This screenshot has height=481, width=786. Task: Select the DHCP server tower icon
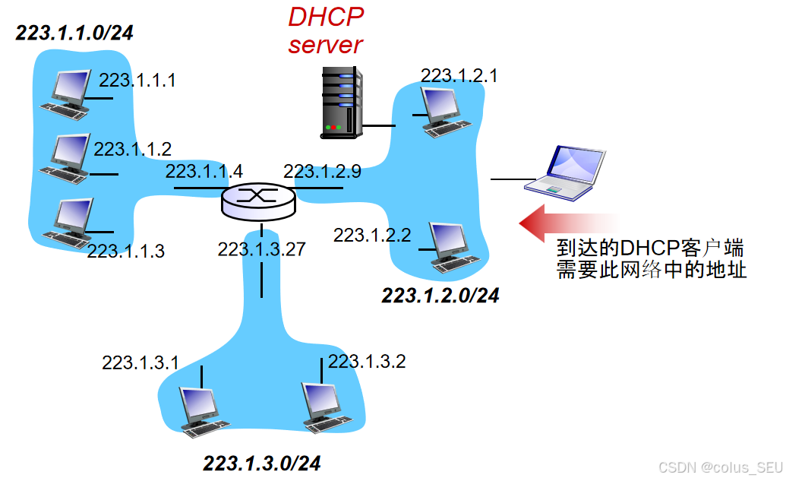click(339, 102)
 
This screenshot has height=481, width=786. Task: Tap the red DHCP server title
click(325, 30)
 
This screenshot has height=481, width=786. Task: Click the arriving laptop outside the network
click(567, 174)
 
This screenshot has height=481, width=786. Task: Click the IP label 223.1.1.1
click(137, 80)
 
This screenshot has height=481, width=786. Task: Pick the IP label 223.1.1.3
click(125, 251)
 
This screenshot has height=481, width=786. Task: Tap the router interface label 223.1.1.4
click(204, 171)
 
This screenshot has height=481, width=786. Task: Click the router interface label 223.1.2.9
click(322, 171)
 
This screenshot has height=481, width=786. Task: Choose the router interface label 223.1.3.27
click(261, 249)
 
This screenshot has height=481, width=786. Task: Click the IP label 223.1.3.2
click(367, 361)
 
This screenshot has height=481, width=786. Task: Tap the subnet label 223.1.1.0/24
click(74, 33)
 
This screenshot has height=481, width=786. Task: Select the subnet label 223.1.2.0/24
click(440, 296)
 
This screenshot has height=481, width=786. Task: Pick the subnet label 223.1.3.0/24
click(262, 463)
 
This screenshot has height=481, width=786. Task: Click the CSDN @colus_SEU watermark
click(719, 467)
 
